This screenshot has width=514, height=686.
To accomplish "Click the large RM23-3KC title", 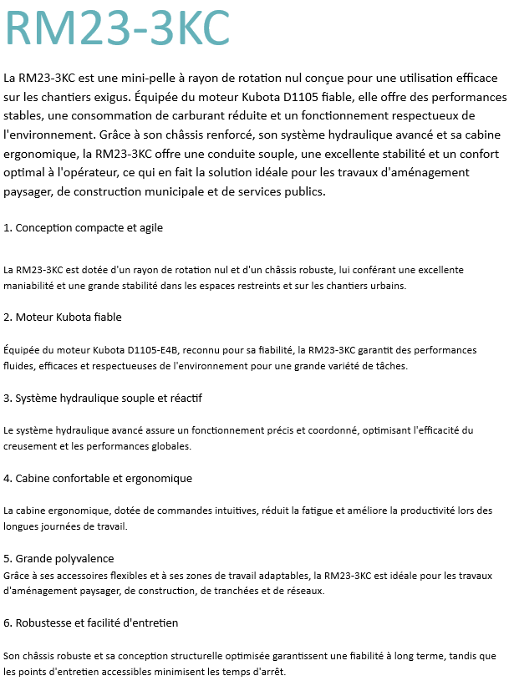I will point(117,30).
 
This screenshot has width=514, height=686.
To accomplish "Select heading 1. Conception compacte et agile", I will point(84,227).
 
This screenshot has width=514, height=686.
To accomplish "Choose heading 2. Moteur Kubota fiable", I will point(63,318).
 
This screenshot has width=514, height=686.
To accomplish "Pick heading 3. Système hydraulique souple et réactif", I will point(103,398).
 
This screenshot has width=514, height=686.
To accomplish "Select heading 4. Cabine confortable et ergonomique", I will point(98,478).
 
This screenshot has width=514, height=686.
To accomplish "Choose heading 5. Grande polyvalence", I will point(59,558).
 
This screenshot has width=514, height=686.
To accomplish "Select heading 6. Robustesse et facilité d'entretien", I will point(91,623).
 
